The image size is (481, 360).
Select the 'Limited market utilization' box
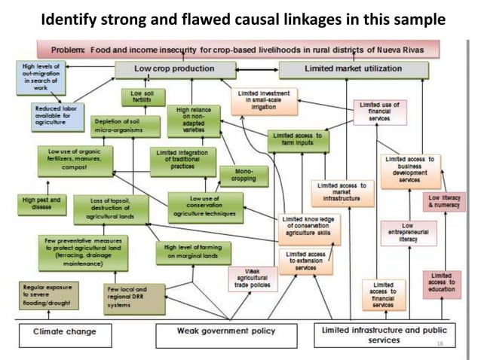click(x=353, y=70)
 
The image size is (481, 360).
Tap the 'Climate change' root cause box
click(x=65, y=332)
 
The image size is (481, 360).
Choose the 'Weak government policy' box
click(x=226, y=332)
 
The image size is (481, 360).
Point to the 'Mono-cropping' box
click(x=238, y=175)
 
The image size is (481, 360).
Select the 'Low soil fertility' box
click(x=137, y=98)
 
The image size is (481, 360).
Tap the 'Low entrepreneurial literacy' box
click(x=407, y=234)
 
